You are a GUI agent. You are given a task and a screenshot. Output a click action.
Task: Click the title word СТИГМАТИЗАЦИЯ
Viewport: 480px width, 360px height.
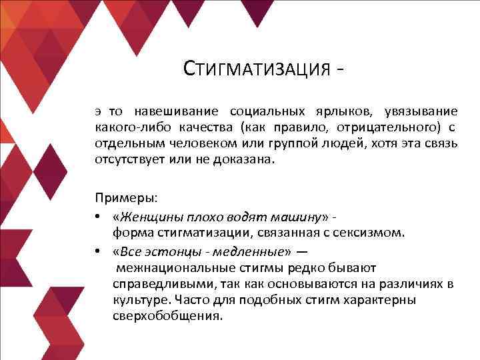click(256, 69)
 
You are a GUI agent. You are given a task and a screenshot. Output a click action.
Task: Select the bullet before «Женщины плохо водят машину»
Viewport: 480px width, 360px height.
click(98, 216)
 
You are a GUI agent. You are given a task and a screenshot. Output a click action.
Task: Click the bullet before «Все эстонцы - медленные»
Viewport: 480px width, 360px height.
click(98, 251)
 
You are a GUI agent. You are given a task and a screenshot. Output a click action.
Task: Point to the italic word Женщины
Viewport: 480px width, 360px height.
click(146, 216)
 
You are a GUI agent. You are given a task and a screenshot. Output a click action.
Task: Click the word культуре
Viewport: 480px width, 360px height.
click(138, 301)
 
